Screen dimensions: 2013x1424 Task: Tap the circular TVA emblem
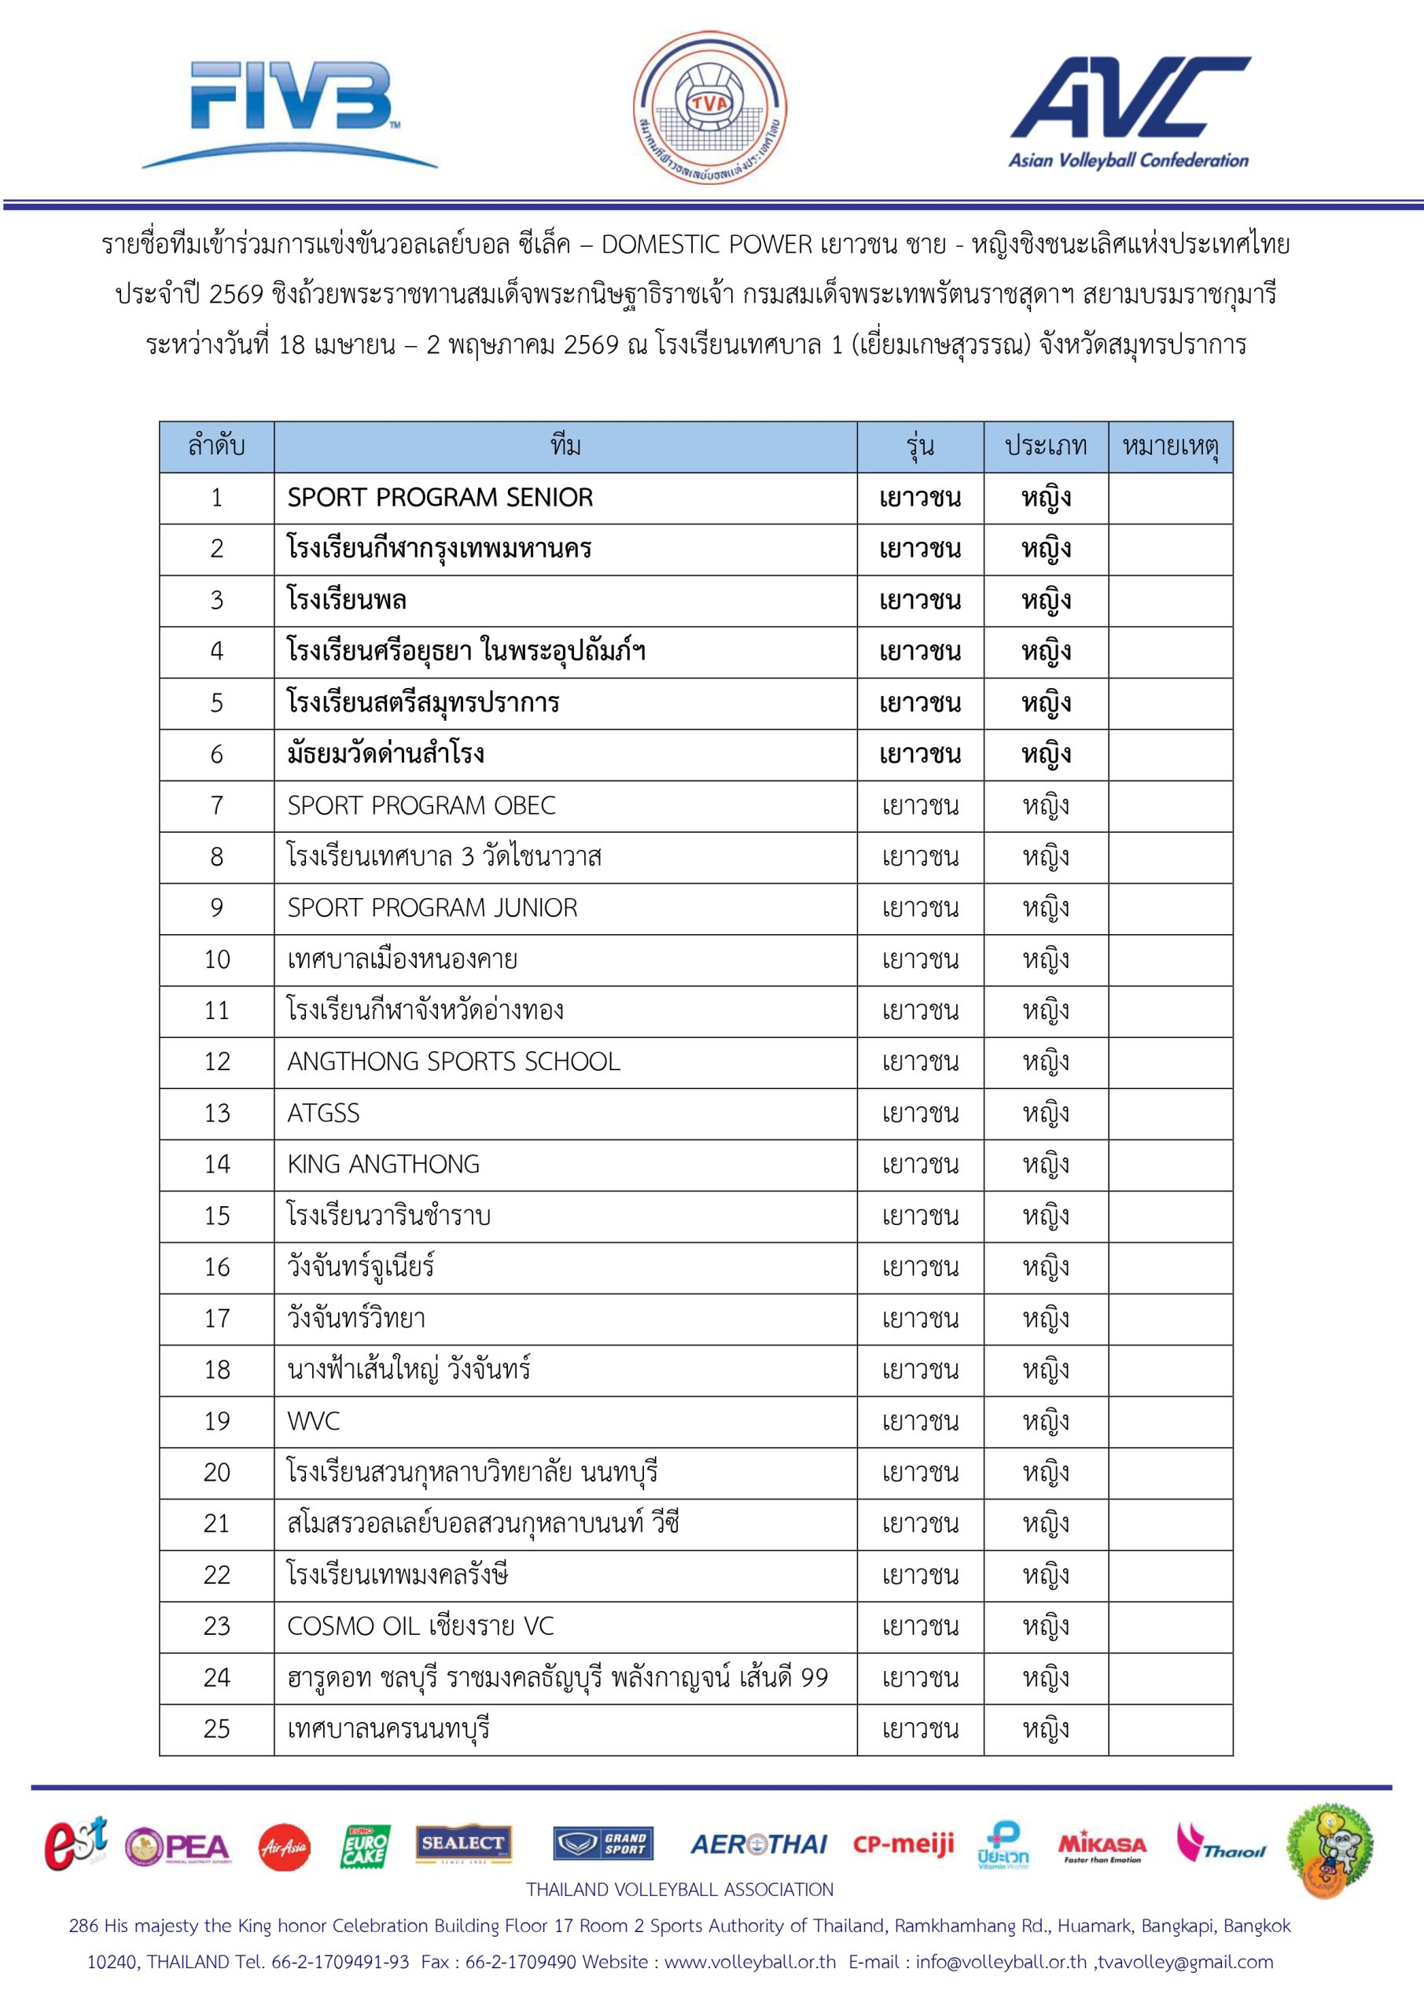(709, 108)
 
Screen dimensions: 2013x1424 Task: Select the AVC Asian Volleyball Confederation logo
(1129, 112)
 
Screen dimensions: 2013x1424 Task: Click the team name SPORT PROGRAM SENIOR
(440, 498)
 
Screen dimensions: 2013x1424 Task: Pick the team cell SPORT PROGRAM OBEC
(421, 806)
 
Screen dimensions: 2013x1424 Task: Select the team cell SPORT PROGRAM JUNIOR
(432, 908)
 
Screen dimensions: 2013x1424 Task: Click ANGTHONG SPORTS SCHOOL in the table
(454, 1062)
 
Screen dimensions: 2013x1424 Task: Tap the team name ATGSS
(323, 1113)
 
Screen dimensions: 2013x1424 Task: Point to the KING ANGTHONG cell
(383, 1165)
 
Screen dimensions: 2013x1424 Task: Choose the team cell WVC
(313, 1421)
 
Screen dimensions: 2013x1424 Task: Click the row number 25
(216, 1729)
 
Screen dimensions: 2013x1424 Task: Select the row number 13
(216, 1113)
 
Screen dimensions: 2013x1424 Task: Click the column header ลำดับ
(216, 447)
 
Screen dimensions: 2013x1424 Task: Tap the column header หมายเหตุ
(1170, 447)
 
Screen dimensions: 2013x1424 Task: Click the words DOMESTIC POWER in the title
(707, 245)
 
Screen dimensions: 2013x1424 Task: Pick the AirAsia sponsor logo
(284, 1848)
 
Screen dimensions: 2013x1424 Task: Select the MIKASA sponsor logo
(1102, 1846)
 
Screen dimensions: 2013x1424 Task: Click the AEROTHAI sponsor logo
(759, 1846)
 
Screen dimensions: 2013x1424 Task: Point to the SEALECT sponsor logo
(463, 1845)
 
